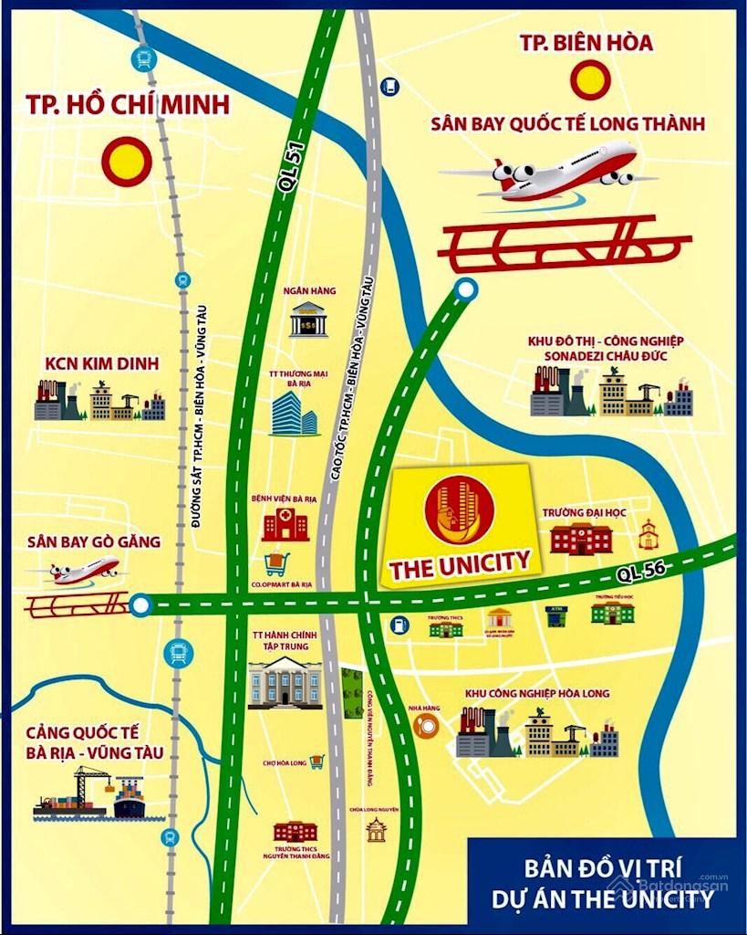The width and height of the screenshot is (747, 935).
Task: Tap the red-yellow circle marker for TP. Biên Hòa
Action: [x=588, y=79]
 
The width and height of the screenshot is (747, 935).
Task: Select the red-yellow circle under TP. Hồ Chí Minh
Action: [x=126, y=162]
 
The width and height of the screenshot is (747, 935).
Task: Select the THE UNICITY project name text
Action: [x=460, y=563]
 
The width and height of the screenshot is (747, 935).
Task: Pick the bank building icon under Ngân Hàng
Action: [x=309, y=320]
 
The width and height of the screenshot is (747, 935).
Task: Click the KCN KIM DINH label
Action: [x=101, y=364]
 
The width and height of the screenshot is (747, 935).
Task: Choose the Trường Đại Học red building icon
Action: [x=581, y=538]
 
